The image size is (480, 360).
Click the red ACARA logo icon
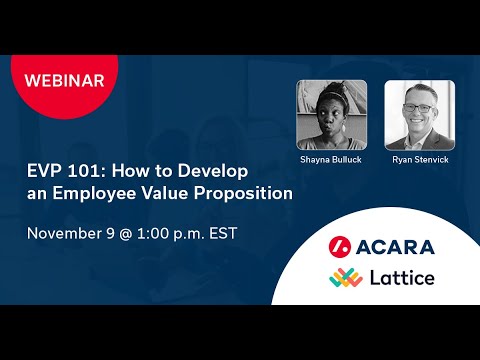pyautogui.click(x=341, y=246)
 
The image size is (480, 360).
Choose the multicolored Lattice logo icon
pyautogui.click(x=342, y=277)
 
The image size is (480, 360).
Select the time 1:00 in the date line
pyautogui.click(x=160, y=233)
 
